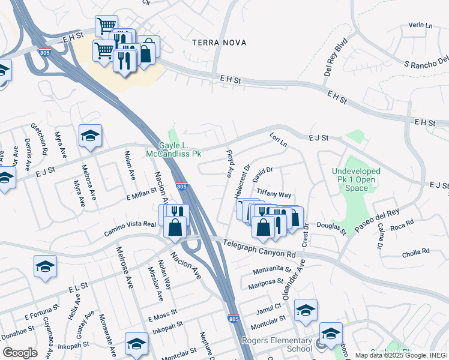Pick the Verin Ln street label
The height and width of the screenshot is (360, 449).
click(x=420, y=25)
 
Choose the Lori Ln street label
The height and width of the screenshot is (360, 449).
click(x=279, y=140)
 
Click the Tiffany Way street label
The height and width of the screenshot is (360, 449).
click(x=274, y=194)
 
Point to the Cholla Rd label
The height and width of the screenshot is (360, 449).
click(x=418, y=251)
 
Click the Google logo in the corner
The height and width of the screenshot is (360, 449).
click(x=20, y=352)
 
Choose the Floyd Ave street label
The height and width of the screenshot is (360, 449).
click(x=230, y=164)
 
